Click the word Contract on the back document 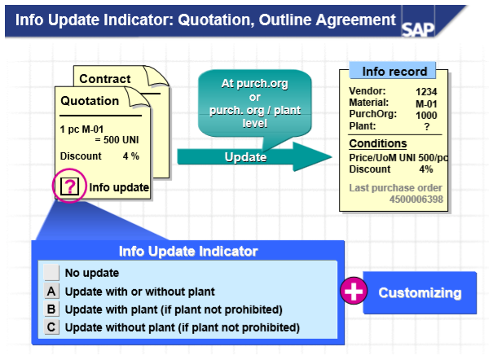[x=105, y=79]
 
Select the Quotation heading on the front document [x=90, y=101]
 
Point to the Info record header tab [x=394, y=71]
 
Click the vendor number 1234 [x=427, y=91]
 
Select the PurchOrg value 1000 [x=427, y=115]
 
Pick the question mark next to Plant [x=427, y=127]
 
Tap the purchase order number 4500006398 [x=416, y=199]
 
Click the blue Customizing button [x=420, y=293]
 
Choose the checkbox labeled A [x=52, y=291]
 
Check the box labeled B [x=52, y=309]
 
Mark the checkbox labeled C [x=52, y=327]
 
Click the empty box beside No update [x=52, y=273]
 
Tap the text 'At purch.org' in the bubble [x=255, y=84]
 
